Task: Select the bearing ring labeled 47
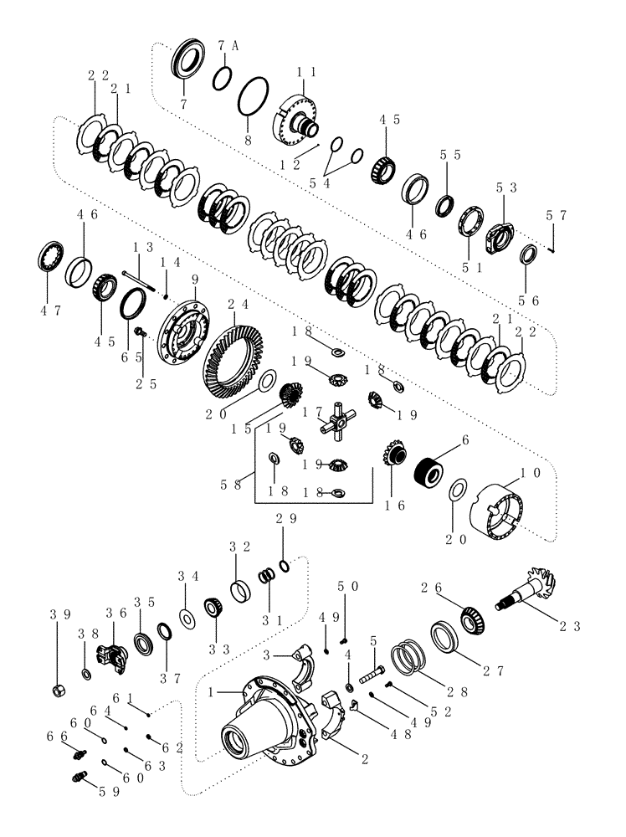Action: (x=54, y=255)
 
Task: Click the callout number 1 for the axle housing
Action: (x=213, y=691)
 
